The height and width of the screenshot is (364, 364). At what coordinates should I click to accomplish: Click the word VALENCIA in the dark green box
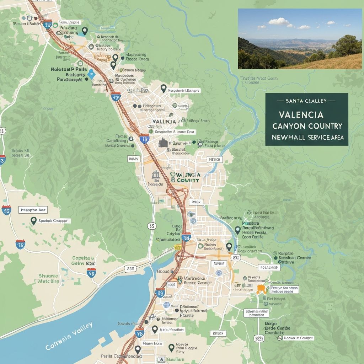pyautogui.click(x=301, y=115)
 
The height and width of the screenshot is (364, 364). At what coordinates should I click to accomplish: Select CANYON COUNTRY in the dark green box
pyautogui.click(x=307, y=126)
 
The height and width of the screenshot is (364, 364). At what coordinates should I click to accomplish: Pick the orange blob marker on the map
pyautogui.click(x=262, y=289)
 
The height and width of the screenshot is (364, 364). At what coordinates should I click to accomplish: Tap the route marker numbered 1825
pyautogui.click(x=259, y=338)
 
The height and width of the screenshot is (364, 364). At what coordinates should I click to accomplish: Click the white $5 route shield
pyautogui.click(x=152, y=226)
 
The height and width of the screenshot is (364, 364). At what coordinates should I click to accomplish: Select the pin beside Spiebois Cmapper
pyautogui.click(x=34, y=221)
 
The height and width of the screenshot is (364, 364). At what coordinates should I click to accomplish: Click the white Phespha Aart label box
pyautogui.click(x=34, y=210)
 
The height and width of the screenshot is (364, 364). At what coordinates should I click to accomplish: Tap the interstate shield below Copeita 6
pyautogui.click(x=91, y=273)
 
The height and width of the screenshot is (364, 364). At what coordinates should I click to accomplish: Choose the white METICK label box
pyautogui.click(x=215, y=160)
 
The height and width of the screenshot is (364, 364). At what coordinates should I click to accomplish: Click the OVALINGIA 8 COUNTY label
pyautogui.click(x=184, y=177)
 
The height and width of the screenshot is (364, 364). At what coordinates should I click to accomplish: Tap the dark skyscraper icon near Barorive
pyautogui.click(x=163, y=143)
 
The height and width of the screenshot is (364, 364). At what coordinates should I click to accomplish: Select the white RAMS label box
pyautogui.click(x=133, y=159)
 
